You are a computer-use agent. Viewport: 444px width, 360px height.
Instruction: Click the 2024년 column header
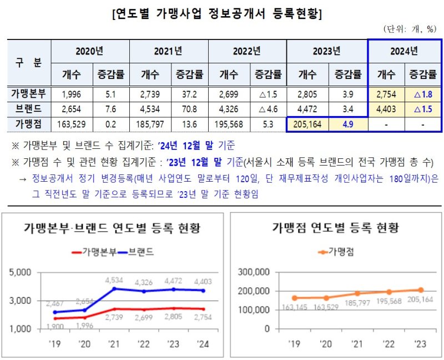click(x=404, y=51)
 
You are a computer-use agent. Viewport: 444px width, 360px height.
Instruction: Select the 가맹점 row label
click(x=29, y=123)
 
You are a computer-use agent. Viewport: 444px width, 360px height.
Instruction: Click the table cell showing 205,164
click(x=307, y=123)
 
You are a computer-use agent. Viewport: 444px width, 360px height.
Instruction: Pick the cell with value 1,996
click(x=72, y=93)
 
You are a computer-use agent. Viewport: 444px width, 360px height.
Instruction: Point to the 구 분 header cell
click(x=29, y=62)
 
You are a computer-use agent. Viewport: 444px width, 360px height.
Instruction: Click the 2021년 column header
click(x=168, y=51)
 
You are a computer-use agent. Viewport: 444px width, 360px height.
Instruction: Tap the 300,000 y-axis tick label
click(x=253, y=272)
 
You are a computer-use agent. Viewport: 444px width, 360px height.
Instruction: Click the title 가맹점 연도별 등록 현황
click(x=335, y=228)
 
